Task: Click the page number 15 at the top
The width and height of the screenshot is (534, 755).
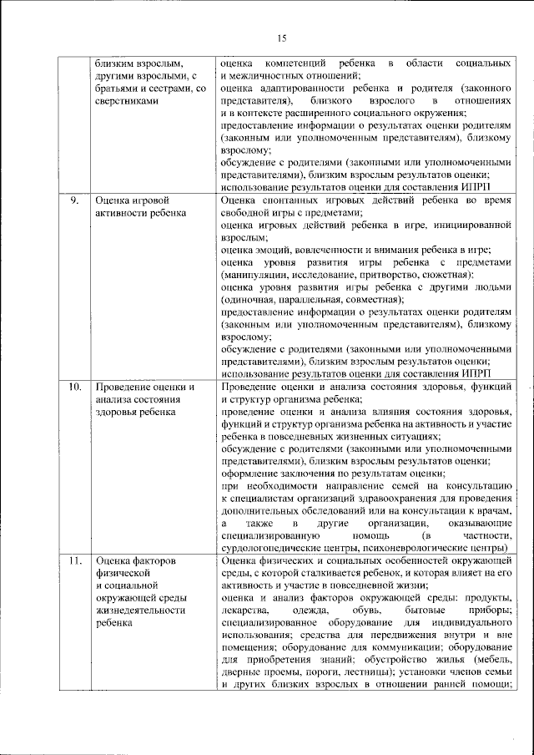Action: click(281, 37)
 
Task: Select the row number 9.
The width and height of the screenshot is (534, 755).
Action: click(73, 201)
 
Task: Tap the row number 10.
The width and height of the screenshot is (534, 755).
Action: click(75, 388)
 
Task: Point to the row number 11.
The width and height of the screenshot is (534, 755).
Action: click(75, 561)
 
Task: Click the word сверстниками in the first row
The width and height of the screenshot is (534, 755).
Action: click(126, 99)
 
